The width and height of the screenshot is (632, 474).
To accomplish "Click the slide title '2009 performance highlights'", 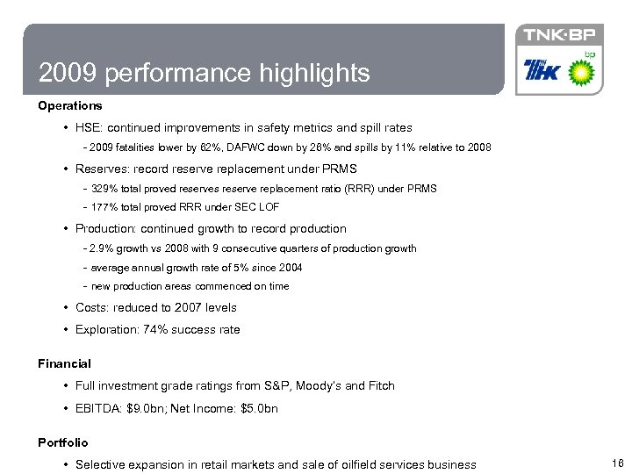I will pos(204,72).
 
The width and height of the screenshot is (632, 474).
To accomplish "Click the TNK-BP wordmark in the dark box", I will pos(559,35).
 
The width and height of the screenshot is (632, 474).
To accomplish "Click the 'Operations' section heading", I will pos(69,106).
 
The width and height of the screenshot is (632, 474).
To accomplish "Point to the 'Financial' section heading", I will pos(64,363).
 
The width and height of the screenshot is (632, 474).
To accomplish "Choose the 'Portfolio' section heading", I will pos(62,442).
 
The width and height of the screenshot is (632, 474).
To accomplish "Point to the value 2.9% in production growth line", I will pos(104,248).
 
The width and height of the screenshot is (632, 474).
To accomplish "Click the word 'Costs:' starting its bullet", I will pos(94,308).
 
